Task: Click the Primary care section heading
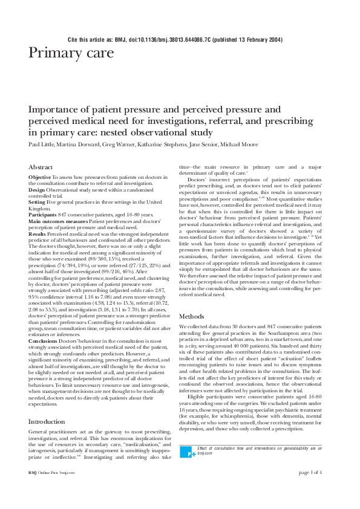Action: point(71,53)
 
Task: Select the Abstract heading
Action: point(42,166)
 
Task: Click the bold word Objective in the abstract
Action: point(40,177)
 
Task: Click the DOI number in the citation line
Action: point(179,39)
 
